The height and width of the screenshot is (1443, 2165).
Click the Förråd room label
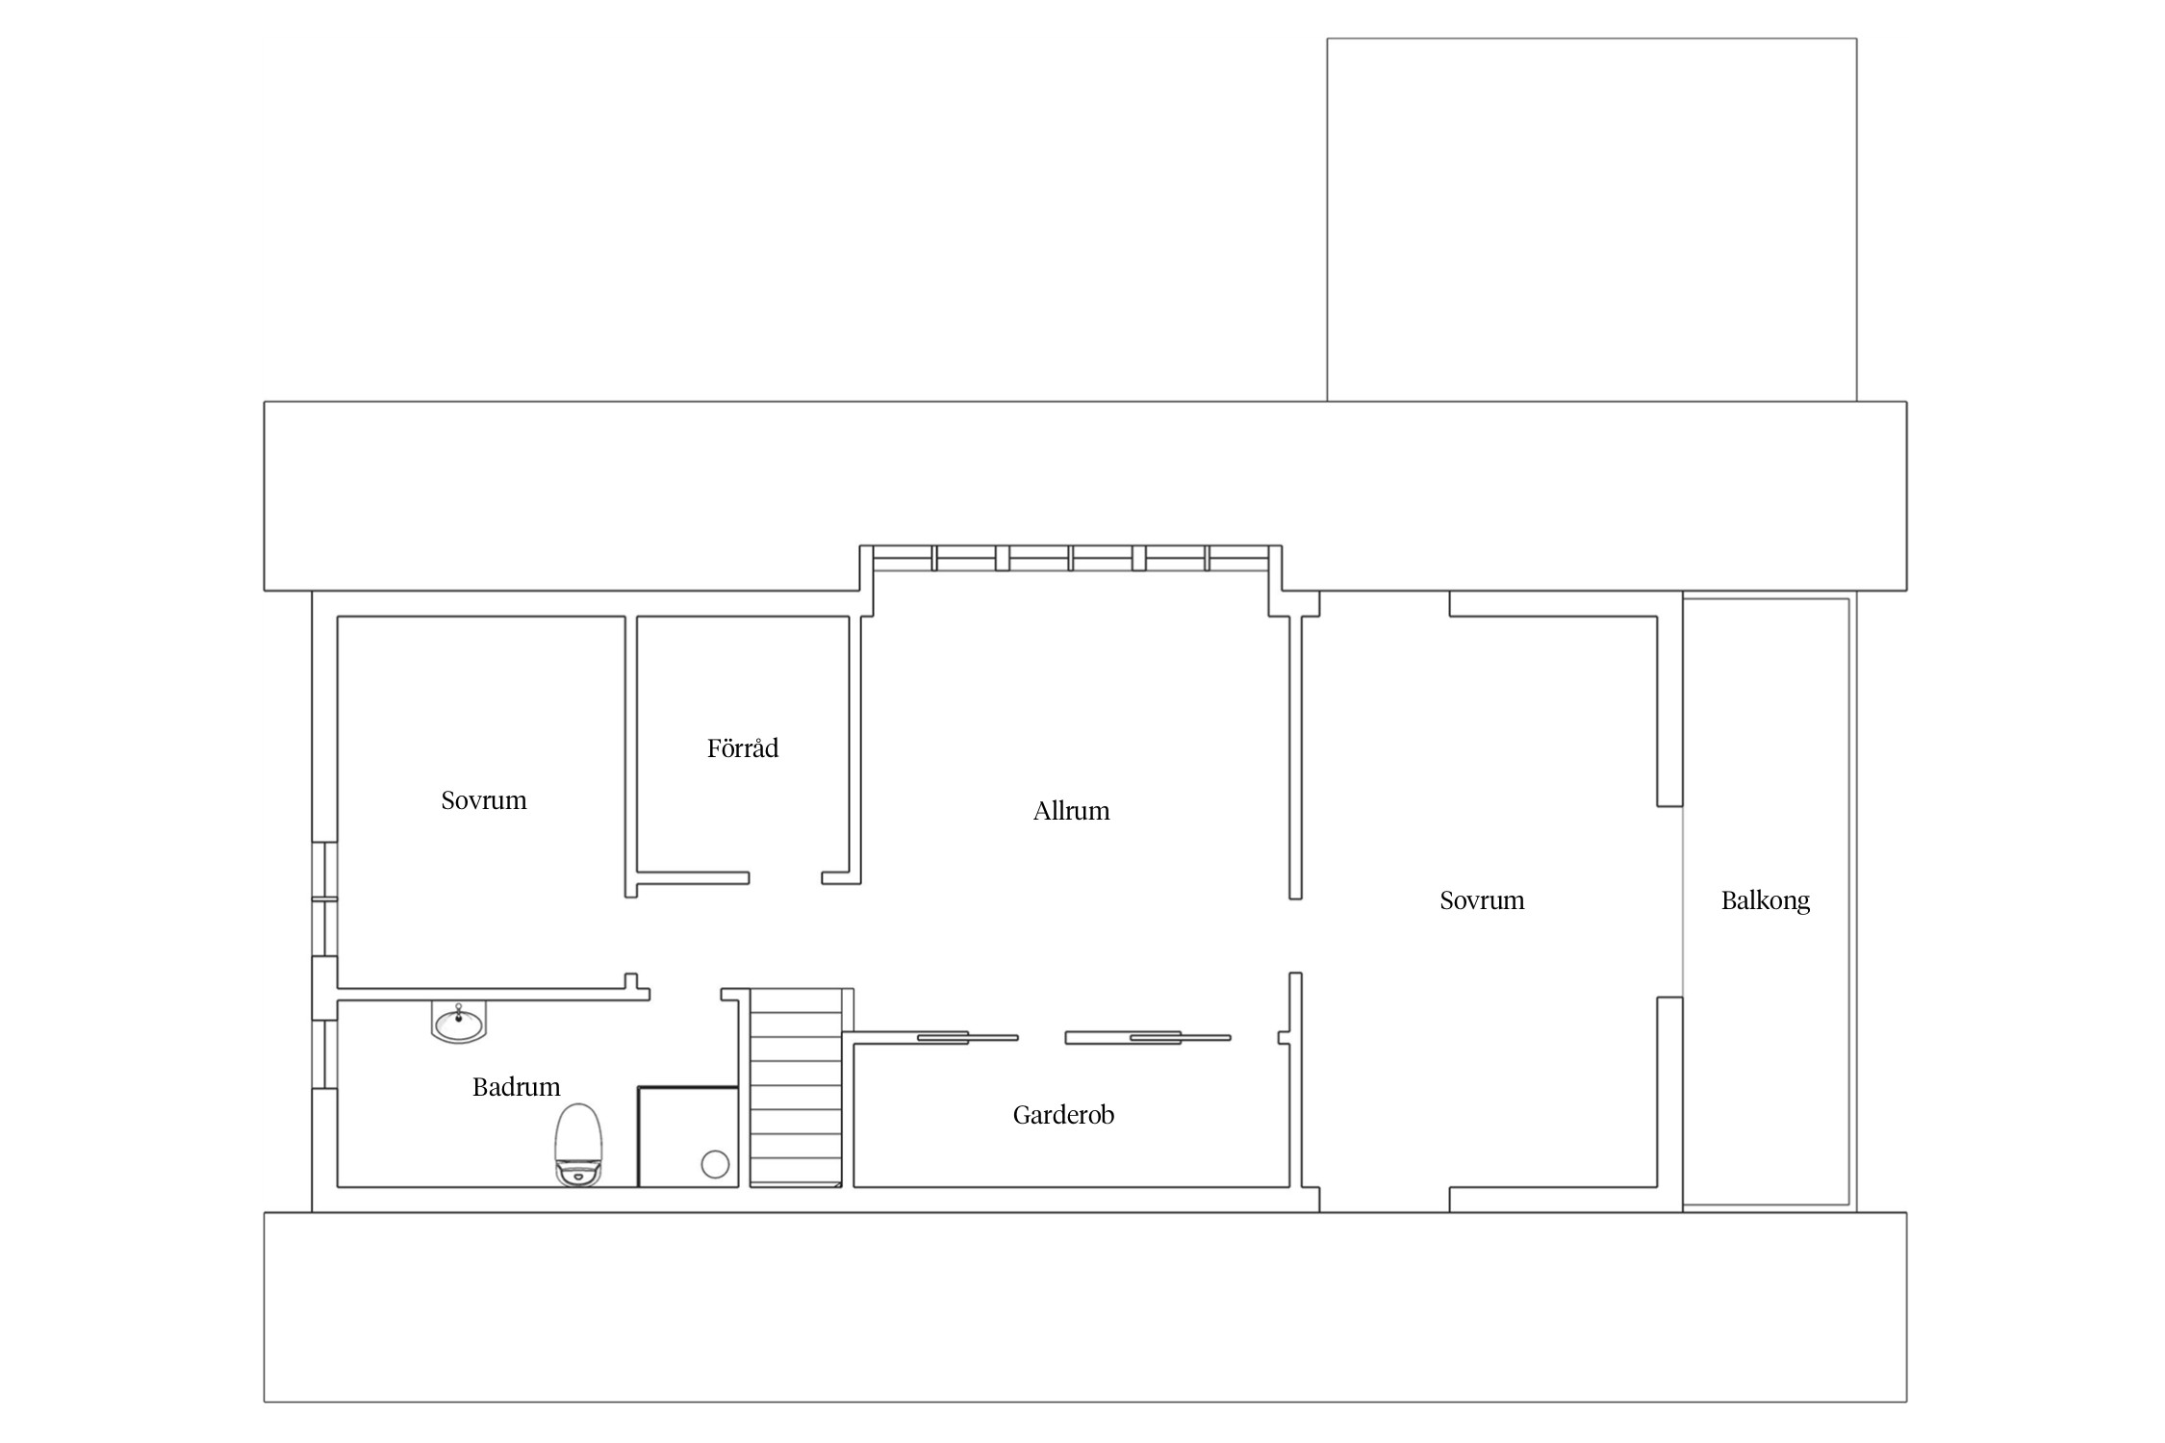coord(742,748)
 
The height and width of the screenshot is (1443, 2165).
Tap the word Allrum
coord(1071,811)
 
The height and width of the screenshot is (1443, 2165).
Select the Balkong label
coord(1765,901)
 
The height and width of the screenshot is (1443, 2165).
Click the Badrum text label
coord(516,1087)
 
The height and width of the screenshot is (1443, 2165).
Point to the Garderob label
coord(1063,1115)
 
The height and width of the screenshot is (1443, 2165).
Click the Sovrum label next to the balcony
coord(1482,901)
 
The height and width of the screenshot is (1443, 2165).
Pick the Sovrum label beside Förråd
coord(484,800)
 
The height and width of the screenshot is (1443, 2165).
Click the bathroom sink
coord(458,1023)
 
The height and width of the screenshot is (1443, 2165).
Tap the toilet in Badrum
coord(578,1145)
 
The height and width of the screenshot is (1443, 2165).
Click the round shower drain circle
coord(715,1164)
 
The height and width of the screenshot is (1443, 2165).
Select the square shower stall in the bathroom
coord(688,1137)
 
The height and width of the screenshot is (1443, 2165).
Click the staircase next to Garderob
coord(796,1088)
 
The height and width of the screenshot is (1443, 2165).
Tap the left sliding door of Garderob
coord(967,1037)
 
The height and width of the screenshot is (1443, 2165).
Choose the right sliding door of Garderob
coord(1148,1037)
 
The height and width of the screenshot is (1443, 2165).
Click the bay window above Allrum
coord(1071,559)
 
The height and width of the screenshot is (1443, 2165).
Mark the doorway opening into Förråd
coord(785,877)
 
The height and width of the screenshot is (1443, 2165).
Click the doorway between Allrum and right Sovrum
coord(1295,935)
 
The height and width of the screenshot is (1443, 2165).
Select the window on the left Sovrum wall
coord(325,899)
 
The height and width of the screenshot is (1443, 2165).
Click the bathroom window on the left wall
coord(325,1054)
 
